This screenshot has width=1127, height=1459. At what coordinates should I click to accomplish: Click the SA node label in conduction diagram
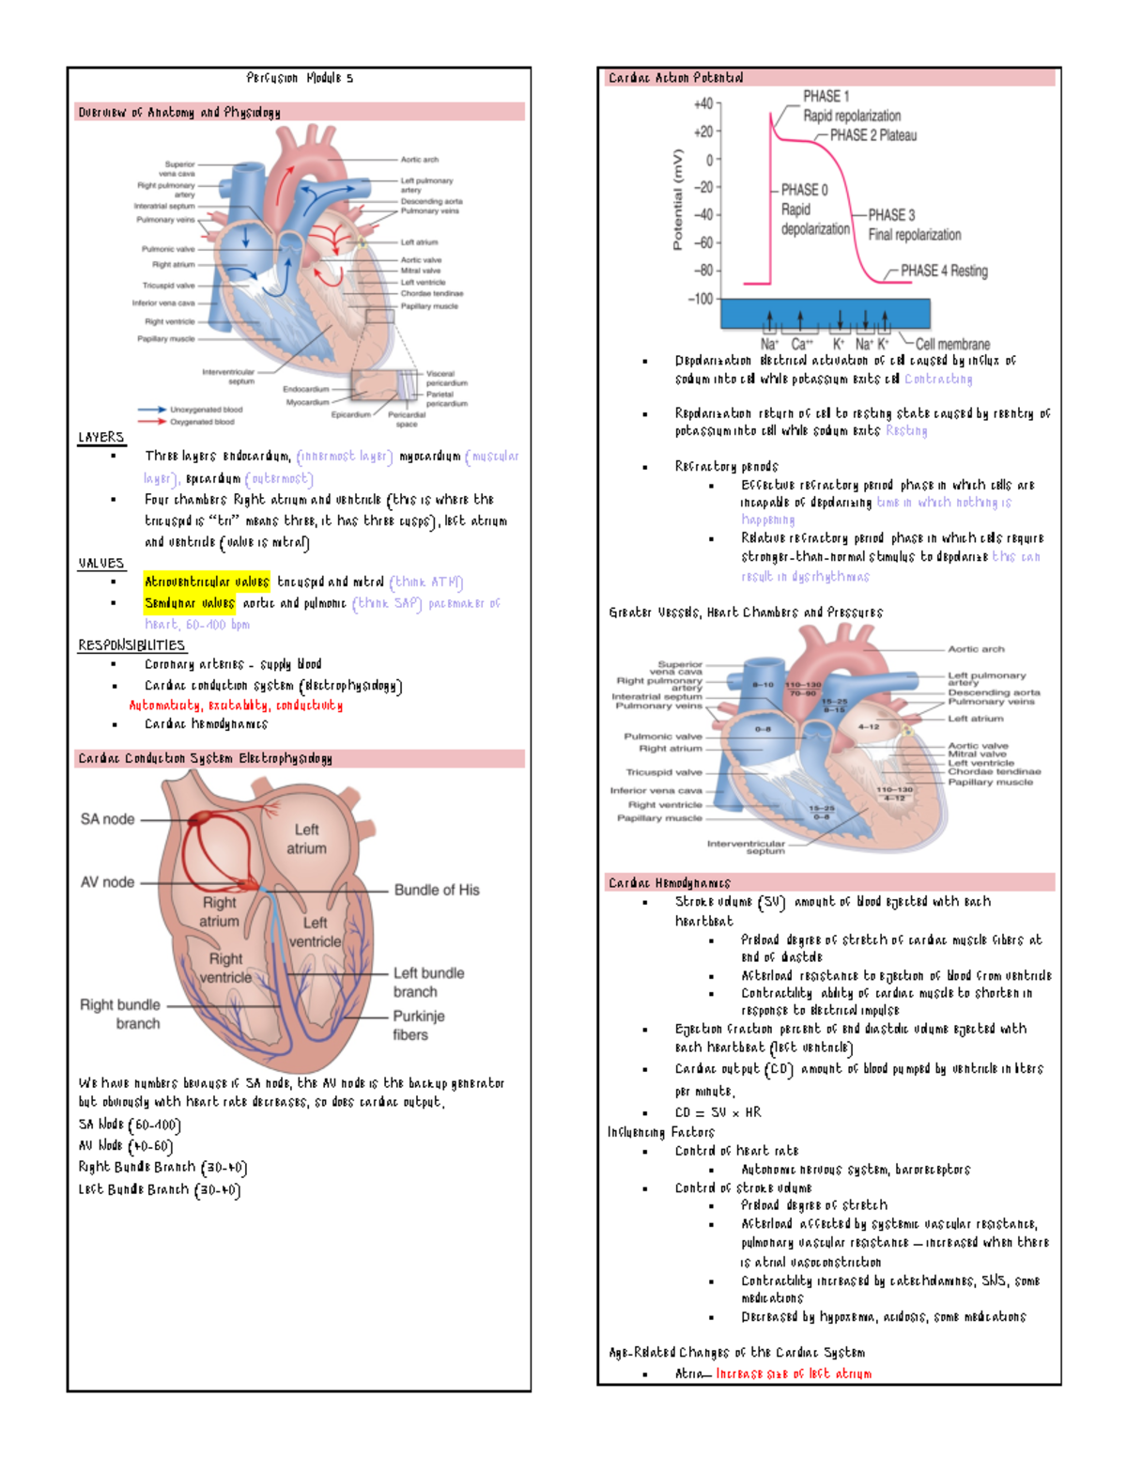[x=107, y=819]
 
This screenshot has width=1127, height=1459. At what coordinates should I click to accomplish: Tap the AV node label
[x=107, y=882]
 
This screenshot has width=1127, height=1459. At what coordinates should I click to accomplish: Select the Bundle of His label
[x=437, y=890]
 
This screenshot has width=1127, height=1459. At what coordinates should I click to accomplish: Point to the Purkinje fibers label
[x=418, y=1025]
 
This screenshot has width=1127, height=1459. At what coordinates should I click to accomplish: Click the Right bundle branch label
[x=120, y=1014]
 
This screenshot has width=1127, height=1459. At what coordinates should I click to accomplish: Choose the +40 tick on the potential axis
[x=703, y=103]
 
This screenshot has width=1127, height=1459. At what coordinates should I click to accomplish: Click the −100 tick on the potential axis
[x=702, y=299]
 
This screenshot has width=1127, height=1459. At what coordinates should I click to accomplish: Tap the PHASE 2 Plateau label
[x=872, y=135]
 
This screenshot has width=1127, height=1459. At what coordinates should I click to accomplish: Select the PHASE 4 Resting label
[x=944, y=271]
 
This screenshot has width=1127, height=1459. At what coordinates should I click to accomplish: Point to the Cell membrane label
[x=952, y=344]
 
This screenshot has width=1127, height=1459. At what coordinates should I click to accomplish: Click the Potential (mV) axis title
[x=677, y=199]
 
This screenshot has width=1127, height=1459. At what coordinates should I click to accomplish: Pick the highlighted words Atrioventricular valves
[x=207, y=582]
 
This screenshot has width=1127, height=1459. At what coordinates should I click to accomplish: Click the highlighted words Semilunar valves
[x=190, y=603]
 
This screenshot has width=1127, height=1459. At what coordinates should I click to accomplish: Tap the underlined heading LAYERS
[x=101, y=437]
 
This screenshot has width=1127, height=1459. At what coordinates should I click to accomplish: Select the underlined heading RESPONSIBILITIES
[x=131, y=645]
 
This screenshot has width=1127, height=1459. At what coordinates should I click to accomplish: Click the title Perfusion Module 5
[x=300, y=78]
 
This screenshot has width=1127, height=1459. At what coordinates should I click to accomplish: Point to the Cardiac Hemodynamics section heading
[x=670, y=883]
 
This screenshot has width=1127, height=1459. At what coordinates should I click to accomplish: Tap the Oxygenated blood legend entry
[x=202, y=422]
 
